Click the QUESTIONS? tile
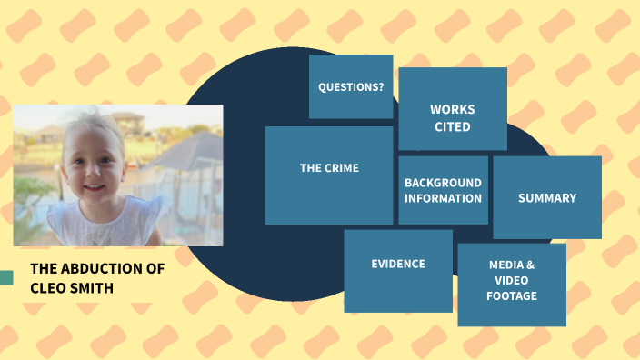(x=351, y=87)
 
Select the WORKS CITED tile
(x=453, y=109)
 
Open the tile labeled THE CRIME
(x=329, y=175)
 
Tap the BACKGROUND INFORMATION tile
(x=443, y=190)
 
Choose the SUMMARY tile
(x=547, y=197)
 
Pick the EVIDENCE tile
(x=398, y=270)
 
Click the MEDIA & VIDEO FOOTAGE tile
(x=512, y=285)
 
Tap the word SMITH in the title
(x=97, y=287)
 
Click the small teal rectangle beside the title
(x=5, y=277)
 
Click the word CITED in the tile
(x=453, y=126)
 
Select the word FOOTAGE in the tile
(x=512, y=295)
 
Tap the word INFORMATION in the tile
(x=443, y=198)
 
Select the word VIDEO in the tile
(x=512, y=280)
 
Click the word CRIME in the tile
(x=343, y=168)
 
